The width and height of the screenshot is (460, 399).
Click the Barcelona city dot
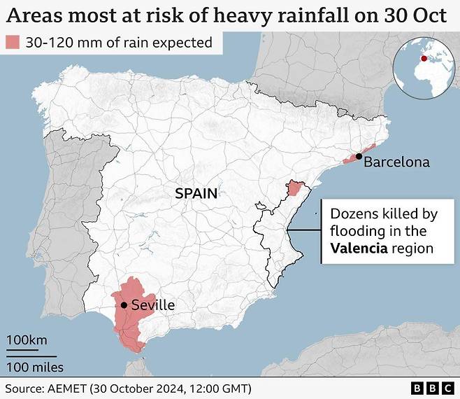(x=359, y=157)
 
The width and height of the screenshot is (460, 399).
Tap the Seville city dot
(x=124, y=304)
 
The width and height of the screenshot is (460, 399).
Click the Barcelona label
(x=396, y=162)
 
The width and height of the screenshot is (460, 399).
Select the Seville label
(x=152, y=305)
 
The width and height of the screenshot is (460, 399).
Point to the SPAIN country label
(x=196, y=193)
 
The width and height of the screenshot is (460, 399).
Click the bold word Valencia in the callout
(x=359, y=248)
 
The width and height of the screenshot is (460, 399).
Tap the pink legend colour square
(x=13, y=43)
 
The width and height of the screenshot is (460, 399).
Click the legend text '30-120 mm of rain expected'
(x=119, y=43)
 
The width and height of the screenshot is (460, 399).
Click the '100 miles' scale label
(x=35, y=367)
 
